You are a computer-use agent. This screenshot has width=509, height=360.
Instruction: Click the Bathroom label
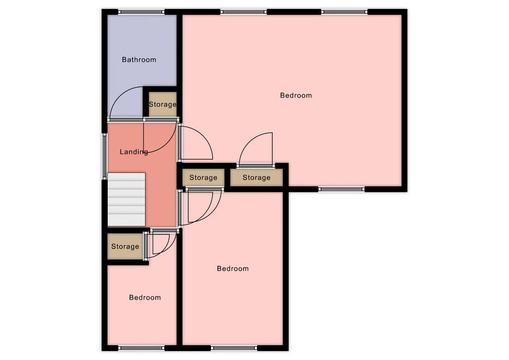coord(139,60)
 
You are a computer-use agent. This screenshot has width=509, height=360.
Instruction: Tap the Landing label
coord(134,152)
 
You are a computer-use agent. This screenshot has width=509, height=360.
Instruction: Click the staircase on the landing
coord(126,199)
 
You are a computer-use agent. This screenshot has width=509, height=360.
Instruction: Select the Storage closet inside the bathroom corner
coord(163,104)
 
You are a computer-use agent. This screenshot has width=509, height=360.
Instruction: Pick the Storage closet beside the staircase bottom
coord(125,247)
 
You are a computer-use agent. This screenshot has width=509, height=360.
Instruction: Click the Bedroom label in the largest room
coord(296,95)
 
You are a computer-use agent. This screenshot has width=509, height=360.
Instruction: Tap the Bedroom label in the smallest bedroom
coord(145,297)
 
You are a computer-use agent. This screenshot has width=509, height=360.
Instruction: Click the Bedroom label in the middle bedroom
coord(233,269)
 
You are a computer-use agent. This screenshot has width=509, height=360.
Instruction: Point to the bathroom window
coord(141,12)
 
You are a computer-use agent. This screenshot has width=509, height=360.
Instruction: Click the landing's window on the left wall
coord(105,156)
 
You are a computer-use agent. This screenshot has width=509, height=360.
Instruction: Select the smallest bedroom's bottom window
coord(141,348)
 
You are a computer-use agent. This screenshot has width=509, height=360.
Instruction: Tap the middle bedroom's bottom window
coord(234,348)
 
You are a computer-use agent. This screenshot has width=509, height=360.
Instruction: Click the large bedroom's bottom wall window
coord(341,189)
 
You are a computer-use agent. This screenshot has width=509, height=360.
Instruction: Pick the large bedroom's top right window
coord(345,12)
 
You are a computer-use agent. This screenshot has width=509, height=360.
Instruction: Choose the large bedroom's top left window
coord(243,12)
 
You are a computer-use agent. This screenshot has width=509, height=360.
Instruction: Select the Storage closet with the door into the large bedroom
coord(257,178)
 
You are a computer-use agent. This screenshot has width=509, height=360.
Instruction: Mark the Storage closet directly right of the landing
coord(203,178)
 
